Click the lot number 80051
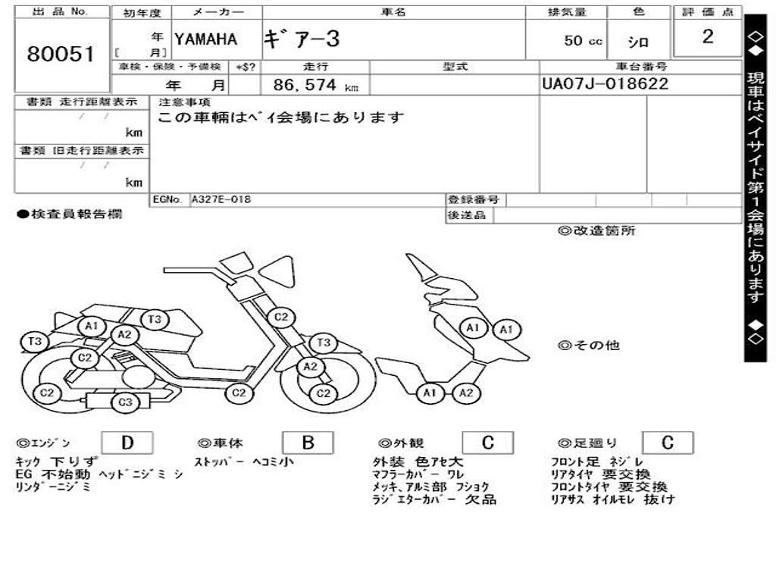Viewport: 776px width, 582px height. coord(61,54)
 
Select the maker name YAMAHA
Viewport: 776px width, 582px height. coord(205,39)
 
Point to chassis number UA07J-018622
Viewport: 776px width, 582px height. coord(605,84)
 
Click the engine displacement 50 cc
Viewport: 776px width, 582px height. coord(583,41)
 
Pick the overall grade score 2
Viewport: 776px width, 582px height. coord(707,37)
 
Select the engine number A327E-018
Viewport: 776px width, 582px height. coord(221,200)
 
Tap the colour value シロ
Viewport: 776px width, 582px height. coord(638,42)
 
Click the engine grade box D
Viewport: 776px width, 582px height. coord(127,443)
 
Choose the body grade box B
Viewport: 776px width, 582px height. coord(308,443)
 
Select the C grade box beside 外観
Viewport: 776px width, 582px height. coord(487,443)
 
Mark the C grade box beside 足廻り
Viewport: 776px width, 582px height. coord(668,443)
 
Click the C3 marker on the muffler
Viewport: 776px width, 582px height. coord(126,402)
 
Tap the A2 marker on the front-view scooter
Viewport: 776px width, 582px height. coord(467,393)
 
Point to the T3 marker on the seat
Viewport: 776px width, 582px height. coord(155,319)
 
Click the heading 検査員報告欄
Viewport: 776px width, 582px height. coord(69,214)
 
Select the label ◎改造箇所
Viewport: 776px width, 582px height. coord(596,231)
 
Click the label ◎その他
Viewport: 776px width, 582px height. coord(589,346)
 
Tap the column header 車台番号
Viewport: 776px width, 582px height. coord(640,67)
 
